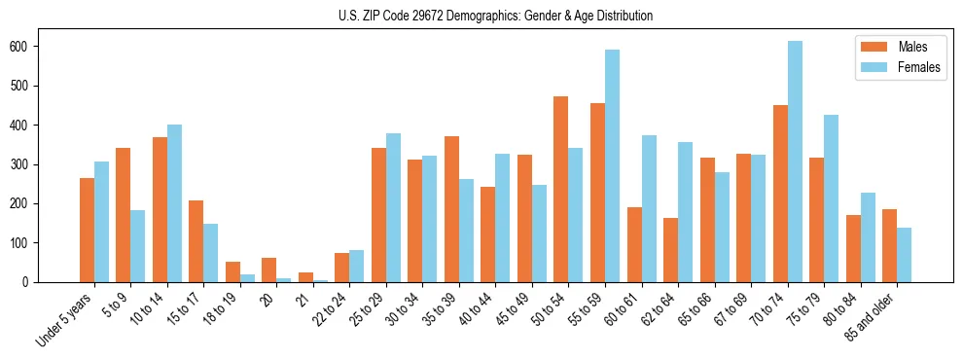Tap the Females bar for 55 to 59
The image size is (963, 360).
(x=612, y=165)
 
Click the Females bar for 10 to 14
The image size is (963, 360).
(x=174, y=203)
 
